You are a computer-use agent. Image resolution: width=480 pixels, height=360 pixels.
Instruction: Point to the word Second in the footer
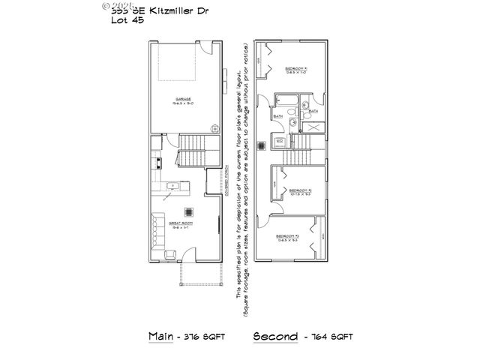276,335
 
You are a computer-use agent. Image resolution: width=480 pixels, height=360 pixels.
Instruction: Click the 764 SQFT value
331,336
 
